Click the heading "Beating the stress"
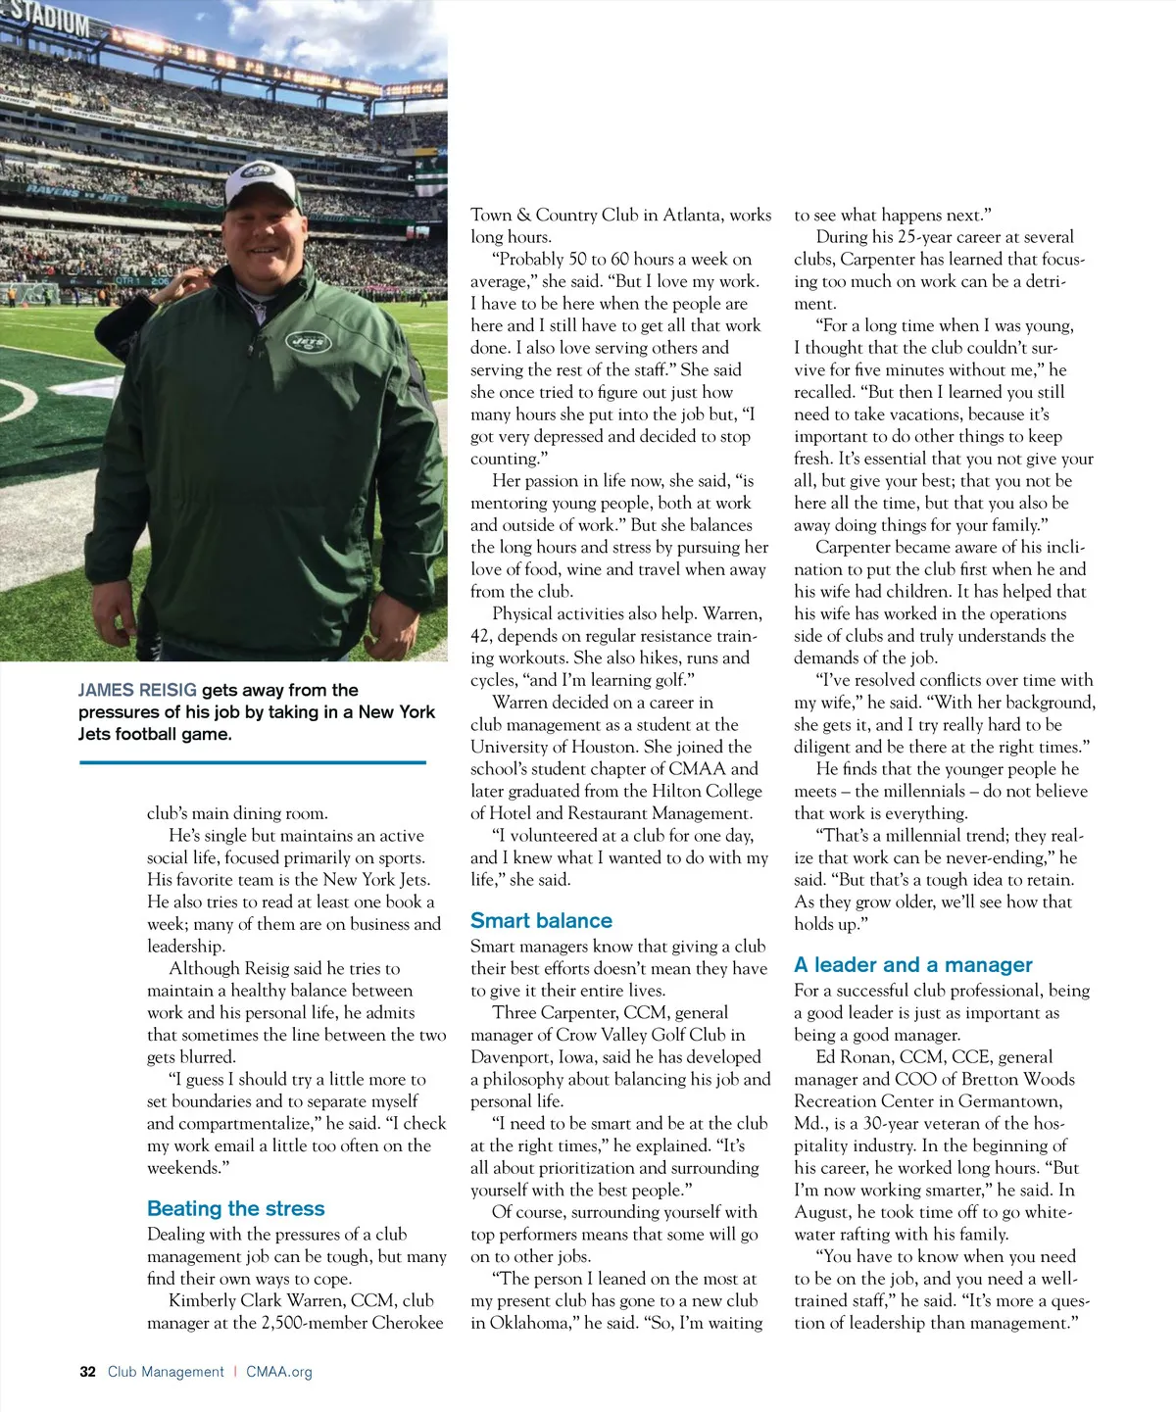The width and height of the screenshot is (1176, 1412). pos(235,1208)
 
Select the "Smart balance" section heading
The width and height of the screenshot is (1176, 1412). pos(541,920)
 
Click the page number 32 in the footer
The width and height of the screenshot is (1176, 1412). pos(87,1372)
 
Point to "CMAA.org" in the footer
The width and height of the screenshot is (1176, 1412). pos(279,1372)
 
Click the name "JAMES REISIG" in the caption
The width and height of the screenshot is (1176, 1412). pos(137,690)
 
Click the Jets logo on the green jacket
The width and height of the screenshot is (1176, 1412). pos(308,342)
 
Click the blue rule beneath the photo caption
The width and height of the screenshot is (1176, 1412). pos(252,761)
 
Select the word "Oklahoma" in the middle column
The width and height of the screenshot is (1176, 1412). pos(533,1323)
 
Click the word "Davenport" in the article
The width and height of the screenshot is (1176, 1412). pos(512,1056)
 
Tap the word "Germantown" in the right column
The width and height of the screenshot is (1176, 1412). pos(1012,1100)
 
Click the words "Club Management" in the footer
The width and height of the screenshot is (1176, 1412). pos(166,1372)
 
